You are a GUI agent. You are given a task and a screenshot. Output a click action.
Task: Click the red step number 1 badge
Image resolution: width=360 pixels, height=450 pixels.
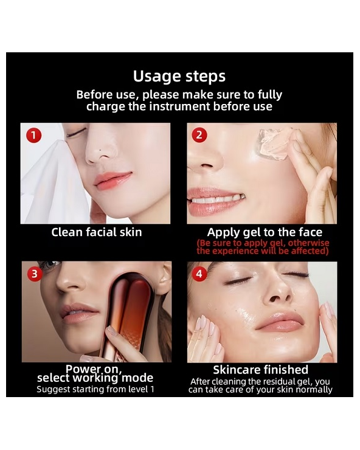click(34, 135)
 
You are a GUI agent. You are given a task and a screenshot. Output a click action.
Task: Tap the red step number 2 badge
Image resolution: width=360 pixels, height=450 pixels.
click(199, 135)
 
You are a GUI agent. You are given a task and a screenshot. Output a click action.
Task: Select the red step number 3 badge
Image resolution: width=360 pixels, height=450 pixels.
click(35, 274)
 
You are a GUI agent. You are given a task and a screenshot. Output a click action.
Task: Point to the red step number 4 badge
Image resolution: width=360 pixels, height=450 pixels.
click(199, 274)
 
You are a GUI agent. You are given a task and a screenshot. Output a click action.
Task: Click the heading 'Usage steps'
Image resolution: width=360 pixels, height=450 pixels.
click(179, 77)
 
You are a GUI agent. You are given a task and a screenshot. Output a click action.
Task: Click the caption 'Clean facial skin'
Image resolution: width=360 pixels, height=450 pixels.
click(97, 232)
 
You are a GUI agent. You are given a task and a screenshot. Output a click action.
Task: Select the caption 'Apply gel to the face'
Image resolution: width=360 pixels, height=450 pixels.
click(265, 232)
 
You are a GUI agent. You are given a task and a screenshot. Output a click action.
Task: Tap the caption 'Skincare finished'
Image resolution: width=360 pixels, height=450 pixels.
click(261, 370)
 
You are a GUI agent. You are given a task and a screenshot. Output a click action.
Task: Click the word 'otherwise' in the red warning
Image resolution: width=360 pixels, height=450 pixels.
click(308, 243)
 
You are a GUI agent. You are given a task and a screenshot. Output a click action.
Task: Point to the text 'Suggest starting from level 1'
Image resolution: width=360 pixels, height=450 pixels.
click(95, 389)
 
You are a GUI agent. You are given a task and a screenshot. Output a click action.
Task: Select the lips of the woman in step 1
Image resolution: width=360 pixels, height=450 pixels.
click(112, 180)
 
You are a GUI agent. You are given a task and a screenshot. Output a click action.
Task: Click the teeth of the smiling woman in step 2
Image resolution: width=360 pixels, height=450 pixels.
click(217, 199)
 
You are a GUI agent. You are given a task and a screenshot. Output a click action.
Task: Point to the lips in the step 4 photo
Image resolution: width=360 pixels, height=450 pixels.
click(280, 322)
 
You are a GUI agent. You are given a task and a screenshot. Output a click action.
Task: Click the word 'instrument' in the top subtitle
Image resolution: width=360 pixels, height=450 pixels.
click(180, 106)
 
